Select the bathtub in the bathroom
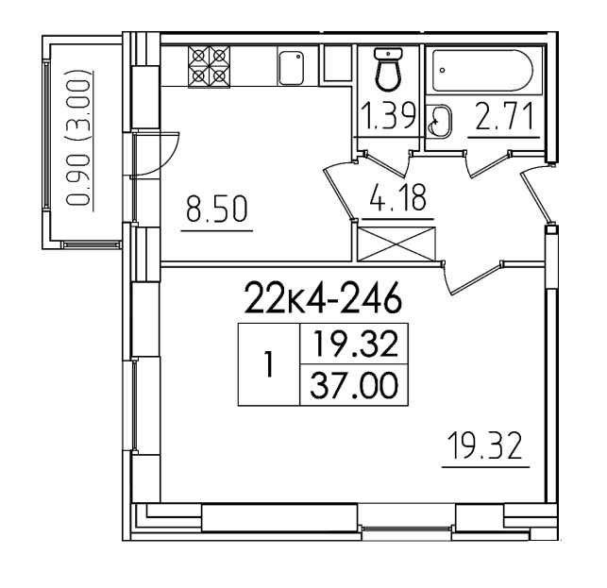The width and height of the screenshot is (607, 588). (483, 71)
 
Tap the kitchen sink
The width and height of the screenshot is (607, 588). (291, 68)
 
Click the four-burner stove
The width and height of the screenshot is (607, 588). (209, 67)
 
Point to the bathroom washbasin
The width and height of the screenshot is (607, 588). (439, 121)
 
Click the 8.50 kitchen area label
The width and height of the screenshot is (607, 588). (216, 210)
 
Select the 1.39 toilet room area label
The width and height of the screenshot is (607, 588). (389, 115)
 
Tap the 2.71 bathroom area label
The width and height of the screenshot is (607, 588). (504, 115)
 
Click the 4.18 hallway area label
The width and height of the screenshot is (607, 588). (397, 197)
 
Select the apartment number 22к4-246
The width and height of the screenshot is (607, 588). (322, 297)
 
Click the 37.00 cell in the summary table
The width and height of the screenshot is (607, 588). (354, 385)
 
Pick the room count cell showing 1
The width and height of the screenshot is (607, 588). (269, 364)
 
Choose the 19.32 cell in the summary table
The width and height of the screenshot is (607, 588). (354, 344)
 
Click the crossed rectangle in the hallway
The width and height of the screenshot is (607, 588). (396, 244)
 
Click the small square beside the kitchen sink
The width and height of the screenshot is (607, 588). (337, 63)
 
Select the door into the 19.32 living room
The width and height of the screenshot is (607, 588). (473, 277)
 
